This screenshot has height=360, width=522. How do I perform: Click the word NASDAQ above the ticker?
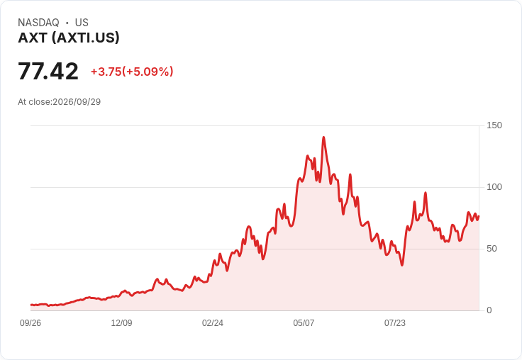pos(38,23)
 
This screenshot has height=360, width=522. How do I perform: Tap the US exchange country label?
pos(82,23)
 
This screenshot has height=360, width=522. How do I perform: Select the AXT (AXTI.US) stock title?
pos(69,38)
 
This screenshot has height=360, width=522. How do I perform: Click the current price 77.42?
pos(48,72)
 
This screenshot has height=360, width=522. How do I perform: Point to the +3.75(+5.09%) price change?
pos(132,72)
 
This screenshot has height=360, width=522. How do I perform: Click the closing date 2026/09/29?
pos(77,102)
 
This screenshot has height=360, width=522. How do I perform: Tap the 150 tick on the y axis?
pos(494,125)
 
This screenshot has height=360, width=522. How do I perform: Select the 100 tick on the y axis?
pos(494,187)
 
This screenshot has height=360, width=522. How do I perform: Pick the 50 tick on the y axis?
pos(492,249)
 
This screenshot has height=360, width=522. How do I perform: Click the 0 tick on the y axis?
pos(489,310)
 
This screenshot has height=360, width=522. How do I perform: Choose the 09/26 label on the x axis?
pos(30,323)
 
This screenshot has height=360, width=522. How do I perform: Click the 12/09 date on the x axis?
pos(121,323)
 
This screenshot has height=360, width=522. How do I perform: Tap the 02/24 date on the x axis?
pos(213,323)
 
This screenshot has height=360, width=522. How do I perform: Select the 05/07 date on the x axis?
pos(304,323)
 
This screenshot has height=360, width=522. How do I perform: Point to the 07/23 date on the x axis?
pos(395,323)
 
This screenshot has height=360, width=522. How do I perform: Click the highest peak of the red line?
pos(323,137)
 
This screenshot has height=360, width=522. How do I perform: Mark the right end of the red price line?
pos(479,217)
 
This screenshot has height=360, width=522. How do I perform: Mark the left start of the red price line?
pos(31,305)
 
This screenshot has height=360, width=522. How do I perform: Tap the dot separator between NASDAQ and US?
pos(67,23)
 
